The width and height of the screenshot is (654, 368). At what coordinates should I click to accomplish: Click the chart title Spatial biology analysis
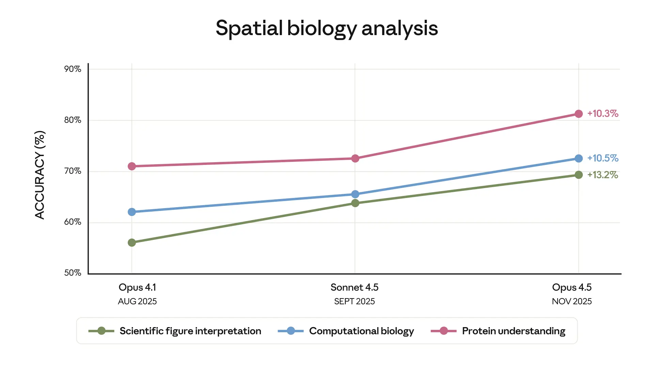click(327, 28)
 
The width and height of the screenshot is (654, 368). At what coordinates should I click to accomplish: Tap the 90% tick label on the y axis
click(73, 69)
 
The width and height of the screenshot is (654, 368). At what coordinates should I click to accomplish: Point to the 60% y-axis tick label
click(73, 222)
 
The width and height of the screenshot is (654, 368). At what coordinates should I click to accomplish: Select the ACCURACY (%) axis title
click(40, 175)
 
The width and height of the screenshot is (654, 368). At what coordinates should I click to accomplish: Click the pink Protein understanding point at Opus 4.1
click(132, 166)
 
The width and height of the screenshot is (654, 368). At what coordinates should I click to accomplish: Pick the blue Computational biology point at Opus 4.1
click(132, 212)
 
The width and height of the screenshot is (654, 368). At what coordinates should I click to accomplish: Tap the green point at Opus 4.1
click(132, 243)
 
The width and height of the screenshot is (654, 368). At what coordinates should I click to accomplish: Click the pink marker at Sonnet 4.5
click(355, 158)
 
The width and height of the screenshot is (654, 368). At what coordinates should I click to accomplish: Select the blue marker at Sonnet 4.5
click(355, 194)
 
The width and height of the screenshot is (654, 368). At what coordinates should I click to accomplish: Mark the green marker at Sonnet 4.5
click(355, 203)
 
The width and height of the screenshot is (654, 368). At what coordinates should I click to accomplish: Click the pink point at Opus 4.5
click(578, 114)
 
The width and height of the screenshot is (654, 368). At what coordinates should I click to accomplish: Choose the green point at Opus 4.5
click(578, 175)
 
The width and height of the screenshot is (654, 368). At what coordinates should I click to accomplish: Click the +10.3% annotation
click(603, 113)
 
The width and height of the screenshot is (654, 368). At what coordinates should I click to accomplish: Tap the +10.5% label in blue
click(603, 158)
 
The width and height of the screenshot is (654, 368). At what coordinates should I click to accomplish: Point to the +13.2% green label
click(603, 175)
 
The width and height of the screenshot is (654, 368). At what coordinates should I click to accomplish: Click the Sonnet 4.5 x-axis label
click(354, 287)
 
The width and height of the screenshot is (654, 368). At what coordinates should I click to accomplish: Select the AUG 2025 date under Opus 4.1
click(137, 301)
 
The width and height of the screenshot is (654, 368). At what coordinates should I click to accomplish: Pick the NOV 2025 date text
click(572, 301)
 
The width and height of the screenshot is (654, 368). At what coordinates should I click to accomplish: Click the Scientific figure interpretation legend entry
click(190, 331)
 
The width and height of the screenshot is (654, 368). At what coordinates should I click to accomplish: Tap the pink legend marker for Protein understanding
click(443, 331)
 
